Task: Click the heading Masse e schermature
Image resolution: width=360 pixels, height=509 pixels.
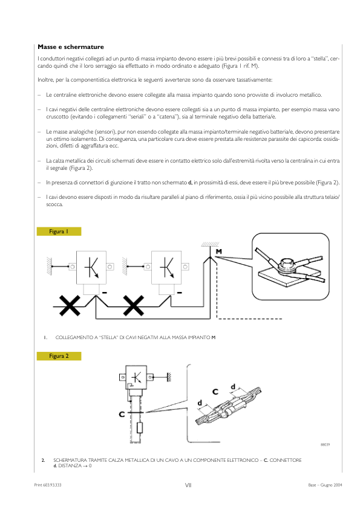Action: [x=71, y=47]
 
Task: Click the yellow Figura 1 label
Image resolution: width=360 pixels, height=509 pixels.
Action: [x=59, y=232]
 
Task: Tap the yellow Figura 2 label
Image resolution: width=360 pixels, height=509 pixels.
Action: [x=59, y=356]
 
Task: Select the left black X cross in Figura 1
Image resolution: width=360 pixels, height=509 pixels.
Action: [x=70, y=305]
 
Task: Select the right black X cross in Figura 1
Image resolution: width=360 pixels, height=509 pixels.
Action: [x=133, y=305]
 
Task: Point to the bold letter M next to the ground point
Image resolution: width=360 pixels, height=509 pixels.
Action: [x=219, y=251]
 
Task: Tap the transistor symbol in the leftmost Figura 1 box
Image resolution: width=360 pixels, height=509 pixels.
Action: [x=91, y=267]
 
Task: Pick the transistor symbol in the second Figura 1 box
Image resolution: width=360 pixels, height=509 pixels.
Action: [x=166, y=267]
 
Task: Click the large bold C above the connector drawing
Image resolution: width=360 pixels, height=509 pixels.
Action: [x=215, y=392]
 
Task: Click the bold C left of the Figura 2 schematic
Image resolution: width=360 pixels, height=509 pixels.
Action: [x=122, y=415]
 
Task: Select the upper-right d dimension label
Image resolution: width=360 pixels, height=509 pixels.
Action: [x=233, y=387]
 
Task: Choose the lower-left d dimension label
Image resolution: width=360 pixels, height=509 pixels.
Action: [x=200, y=403]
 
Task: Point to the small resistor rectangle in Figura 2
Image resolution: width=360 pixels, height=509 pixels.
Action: [x=140, y=428]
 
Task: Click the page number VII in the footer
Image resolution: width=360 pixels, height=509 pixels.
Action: [x=188, y=485]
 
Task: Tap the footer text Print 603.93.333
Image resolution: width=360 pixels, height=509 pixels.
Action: [x=48, y=485]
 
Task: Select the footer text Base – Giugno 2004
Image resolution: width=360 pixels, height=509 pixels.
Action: [x=326, y=485]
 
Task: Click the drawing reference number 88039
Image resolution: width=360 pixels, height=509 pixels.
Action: [x=326, y=444]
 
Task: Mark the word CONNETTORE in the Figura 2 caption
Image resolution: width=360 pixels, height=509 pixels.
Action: [x=286, y=460]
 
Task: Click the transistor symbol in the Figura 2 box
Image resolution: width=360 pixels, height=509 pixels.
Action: [x=136, y=378]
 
